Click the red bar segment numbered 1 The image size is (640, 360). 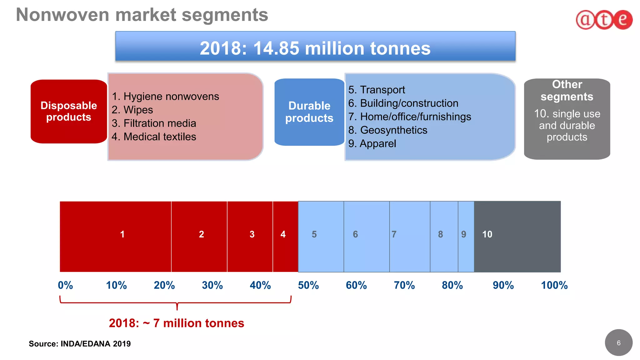(x=116, y=237)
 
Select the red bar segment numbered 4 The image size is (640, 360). (x=285, y=237)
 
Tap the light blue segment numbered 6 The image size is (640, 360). (x=366, y=237)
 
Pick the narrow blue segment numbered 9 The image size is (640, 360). (x=466, y=237)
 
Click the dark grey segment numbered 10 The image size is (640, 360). (x=517, y=237)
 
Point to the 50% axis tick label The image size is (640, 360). (x=308, y=285)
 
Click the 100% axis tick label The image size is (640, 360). (x=554, y=285)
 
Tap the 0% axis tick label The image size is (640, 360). (x=65, y=285)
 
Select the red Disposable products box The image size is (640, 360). (x=69, y=112)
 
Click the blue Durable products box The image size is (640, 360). (x=309, y=112)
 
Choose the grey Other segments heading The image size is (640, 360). (x=567, y=91)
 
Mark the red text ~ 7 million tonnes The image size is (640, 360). (x=176, y=323)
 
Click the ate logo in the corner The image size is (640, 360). (x=604, y=20)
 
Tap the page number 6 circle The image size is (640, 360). (x=618, y=343)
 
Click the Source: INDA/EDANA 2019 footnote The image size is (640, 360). (x=80, y=344)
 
